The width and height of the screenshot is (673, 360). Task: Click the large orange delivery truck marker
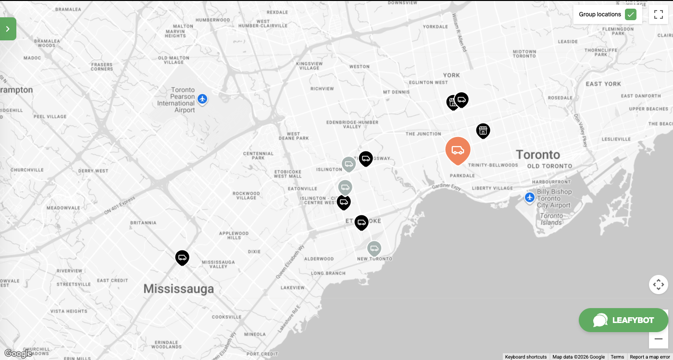pos(458,150)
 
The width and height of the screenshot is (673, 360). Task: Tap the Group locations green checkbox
pos(630,14)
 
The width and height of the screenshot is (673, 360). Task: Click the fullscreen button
pos(659,14)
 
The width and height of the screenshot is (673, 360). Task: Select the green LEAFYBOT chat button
pos(623,320)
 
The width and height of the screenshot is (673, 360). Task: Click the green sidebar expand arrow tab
pos(8,29)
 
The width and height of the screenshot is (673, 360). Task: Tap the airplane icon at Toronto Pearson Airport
pos(202,99)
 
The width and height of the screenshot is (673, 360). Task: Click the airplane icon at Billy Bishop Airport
pos(529,198)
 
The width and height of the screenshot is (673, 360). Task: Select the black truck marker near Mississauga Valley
pos(182,258)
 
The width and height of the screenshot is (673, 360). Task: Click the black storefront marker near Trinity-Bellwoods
pos(483,130)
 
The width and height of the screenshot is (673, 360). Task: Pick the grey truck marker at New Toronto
pos(374,248)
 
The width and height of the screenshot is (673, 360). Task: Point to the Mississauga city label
pos(178,289)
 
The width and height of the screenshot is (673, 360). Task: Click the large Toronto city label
pos(538,155)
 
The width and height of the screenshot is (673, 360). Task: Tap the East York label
pos(603,84)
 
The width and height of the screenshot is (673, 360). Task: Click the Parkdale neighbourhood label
pos(462,176)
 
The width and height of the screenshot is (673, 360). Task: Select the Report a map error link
pos(649,357)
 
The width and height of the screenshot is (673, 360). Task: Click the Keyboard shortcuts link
pos(525,357)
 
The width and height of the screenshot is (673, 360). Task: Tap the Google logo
pos(18,354)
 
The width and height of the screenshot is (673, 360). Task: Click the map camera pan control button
pos(658,285)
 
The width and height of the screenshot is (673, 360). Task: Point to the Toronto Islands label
pos(551,220)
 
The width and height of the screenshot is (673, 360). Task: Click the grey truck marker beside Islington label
pos(349,164)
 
